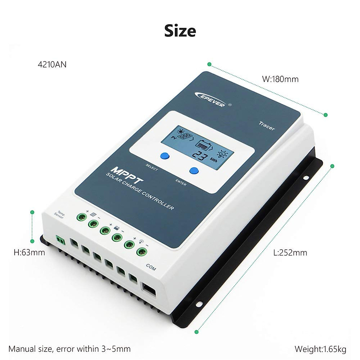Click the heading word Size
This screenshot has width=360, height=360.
[x=180, y=31]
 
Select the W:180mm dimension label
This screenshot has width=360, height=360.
[x=280, y=79]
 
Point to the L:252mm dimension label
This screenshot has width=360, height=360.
[x=290, y=253]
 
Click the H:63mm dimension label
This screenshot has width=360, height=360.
[x=29, y=252]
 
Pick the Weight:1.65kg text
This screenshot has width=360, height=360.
[x=320, y=349]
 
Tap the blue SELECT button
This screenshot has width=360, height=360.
[x=165, y=156]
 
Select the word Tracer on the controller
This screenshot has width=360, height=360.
[x=266, y=126]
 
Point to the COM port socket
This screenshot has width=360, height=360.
[x=149, y=290]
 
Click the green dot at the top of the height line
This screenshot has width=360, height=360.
[x=32, y=212]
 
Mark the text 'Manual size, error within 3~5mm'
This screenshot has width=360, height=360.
[x=70, y=349]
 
